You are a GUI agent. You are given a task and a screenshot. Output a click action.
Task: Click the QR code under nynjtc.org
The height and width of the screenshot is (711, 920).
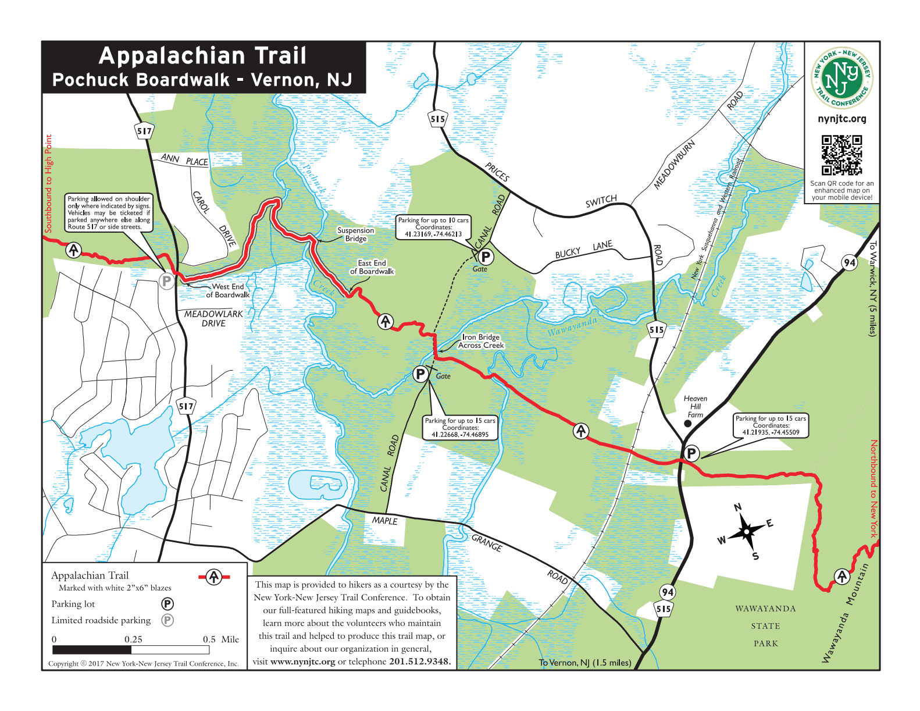[x=841, y=155]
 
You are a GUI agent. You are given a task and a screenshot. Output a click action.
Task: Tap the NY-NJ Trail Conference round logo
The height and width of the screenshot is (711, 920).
[x=841, y=78]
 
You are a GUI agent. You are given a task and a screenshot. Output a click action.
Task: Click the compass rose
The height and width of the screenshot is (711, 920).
[x=746, y=531]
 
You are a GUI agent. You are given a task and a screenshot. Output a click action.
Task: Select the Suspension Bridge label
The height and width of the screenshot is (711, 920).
[x=355, y=234]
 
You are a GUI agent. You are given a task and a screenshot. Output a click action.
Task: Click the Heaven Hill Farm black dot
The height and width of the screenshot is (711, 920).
[x=688, y=424]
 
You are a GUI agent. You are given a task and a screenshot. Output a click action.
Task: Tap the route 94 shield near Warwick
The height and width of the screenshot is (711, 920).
[x=850, y=262]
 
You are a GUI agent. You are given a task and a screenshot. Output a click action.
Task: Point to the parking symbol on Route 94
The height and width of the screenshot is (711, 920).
[x=691, y=453]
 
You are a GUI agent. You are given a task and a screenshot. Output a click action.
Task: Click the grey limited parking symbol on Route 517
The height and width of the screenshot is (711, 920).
[x=167, y=282]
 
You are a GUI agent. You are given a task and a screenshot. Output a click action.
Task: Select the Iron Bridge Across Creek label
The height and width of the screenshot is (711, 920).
[x=480, y=342]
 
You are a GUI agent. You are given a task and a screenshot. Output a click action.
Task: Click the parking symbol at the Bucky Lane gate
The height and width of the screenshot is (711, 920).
[x=485, y=256]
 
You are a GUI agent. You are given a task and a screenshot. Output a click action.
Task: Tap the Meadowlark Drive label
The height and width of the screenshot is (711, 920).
[x=213, y=318]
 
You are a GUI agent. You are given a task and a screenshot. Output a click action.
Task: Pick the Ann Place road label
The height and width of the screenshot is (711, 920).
[x=184, y=159]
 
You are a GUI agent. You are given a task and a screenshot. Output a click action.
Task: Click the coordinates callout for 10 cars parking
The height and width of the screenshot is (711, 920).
[x=433, y=227]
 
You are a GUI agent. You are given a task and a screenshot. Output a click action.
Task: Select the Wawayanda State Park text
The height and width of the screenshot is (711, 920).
[x=765, y=626]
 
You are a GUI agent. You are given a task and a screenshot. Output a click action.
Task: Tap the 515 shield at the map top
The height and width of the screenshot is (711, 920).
[x=438, y=119]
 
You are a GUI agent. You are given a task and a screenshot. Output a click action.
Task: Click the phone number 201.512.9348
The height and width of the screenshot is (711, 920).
[x=419, y=662]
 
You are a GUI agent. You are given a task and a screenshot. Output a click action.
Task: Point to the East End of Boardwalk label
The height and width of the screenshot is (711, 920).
[x=372, y=267]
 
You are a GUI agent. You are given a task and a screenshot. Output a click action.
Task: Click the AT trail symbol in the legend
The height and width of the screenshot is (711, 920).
[x=214, y=577]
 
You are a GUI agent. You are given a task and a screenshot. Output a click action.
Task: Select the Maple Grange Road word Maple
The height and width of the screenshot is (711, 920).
[x=384, y=521]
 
